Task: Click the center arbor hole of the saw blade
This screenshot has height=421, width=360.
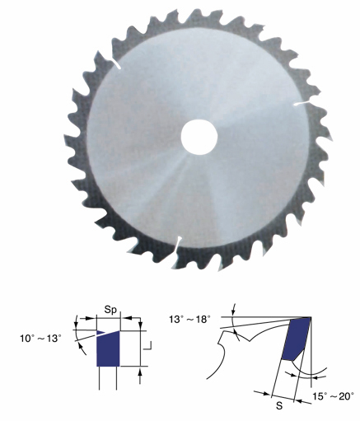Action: point(199,137)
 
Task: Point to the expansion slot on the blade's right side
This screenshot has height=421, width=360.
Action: point(302,104)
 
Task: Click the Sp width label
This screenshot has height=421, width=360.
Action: point(110,310)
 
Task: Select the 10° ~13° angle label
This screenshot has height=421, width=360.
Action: point(40,338)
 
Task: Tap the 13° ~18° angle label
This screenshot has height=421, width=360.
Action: point(190,320)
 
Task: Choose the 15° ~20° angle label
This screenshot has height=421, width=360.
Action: point(333,396)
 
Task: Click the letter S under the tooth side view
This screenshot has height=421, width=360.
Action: point(279,406)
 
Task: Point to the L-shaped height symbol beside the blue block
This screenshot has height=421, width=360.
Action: point(147,346)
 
